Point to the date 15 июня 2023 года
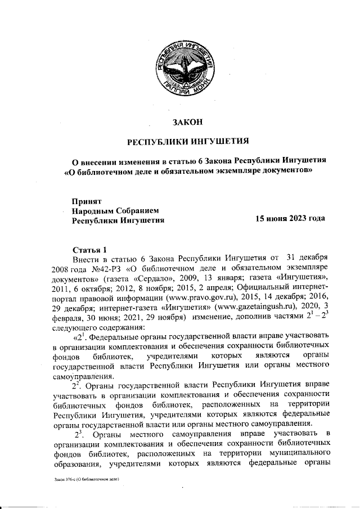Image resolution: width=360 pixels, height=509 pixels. pyautogui.click(x=290, y=219)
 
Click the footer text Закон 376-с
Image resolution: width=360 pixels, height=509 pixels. pyautogui.click(x=87, y=480)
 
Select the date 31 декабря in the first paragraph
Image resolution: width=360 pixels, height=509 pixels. pyautogui.click(x=307, y=259)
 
